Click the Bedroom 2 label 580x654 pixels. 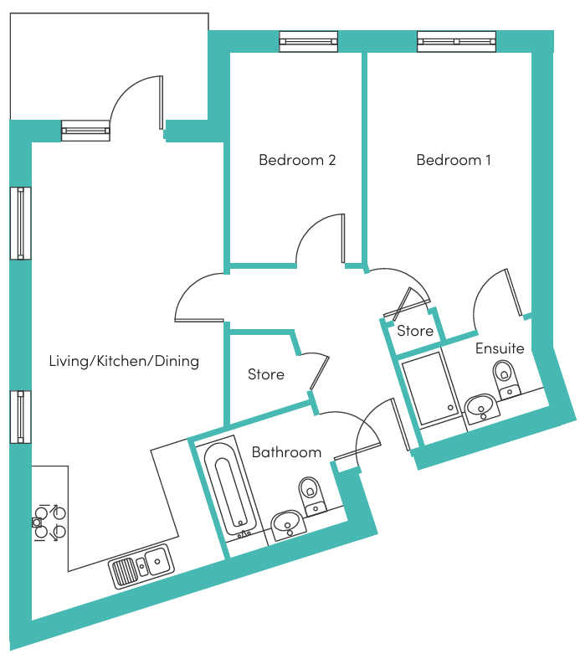click(x=297, y=160)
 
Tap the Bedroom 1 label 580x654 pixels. click(x=454, y=160)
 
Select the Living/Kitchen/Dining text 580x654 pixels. click(x=124, y=361)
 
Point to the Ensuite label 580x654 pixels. click(x=500, y=348)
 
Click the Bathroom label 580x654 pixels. click(x=286, y=452)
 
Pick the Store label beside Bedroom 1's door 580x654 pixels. click(x=415, y=331)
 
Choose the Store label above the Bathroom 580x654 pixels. click(x=266, y=374)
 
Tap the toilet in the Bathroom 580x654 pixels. click(x=312, y=497)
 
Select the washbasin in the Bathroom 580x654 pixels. click(x=288, y=524)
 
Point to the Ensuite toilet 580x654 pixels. click(x=506, y=379)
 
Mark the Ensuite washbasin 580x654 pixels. click(x=481, y=408)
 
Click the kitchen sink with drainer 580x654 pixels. click(x=141, y=566)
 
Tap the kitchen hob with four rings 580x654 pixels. click(x=50, y=523)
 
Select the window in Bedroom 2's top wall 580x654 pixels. click(x=309, y=41)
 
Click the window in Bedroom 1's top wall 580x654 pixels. click(x=457, y=41)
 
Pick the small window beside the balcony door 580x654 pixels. click(x=85, y=131)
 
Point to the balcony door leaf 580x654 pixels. click(x=161, y=103)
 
